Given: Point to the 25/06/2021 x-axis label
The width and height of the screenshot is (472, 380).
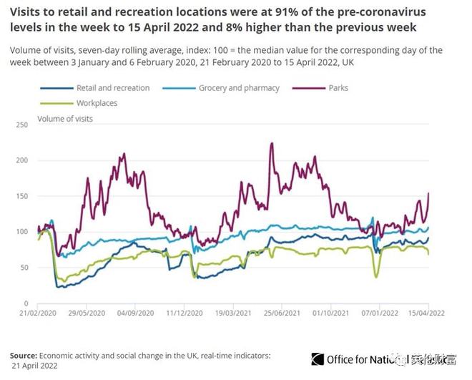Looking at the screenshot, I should click(x=280, y=313).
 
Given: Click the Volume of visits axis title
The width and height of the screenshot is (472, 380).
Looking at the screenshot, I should click(x=65, y=118).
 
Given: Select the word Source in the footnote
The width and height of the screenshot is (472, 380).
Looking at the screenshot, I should click(x=24, y=354).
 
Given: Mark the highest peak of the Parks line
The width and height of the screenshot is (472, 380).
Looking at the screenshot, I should click(x=272, y=143).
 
